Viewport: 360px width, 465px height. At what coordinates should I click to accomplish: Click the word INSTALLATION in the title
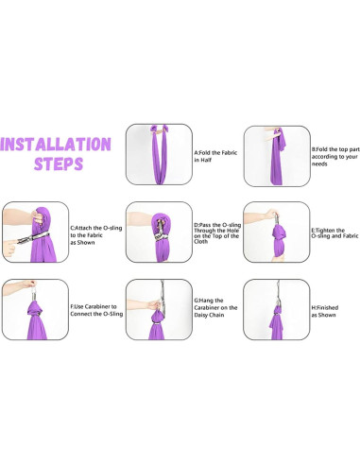click(56, 144)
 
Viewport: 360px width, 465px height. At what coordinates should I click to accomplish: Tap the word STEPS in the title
click(59, 164)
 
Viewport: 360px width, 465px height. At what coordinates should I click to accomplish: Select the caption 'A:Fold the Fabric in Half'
click(215, 156)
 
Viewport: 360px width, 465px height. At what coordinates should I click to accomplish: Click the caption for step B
click(335, 157)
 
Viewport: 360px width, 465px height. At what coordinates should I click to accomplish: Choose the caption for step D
click(217, 233)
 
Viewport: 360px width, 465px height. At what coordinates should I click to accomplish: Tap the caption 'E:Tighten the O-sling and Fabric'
click(334, 233)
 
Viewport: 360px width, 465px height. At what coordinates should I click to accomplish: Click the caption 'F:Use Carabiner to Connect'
click(96, 310)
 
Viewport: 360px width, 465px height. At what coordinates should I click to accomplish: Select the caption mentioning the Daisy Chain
click(215, 308)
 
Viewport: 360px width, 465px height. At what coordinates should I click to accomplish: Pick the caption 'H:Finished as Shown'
click(325, 311)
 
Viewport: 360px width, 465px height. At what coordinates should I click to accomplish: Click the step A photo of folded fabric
click(159, 154)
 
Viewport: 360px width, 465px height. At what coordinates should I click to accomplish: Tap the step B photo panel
click(277, 156)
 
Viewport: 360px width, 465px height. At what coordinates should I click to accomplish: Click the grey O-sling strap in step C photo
click(34, 237)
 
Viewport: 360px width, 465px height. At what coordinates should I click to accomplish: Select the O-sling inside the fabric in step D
click(160, 231)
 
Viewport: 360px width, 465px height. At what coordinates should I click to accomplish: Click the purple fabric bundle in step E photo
click(279, 240)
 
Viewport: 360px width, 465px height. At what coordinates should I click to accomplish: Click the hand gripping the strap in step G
click(155, 305)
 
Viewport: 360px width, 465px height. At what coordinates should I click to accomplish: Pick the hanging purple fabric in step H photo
click(277, 323)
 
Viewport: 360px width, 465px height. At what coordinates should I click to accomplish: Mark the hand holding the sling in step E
click(271, 215)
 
